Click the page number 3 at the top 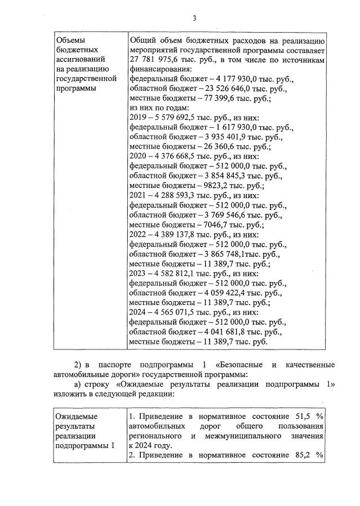[194, 18]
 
